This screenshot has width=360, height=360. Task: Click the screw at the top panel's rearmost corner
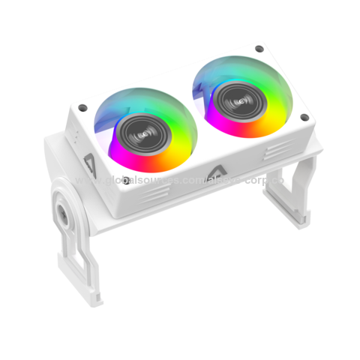[259, 49]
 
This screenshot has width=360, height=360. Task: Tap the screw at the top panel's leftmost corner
[82, 107]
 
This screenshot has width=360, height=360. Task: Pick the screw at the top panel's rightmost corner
[304, 117]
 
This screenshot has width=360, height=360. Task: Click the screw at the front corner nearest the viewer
[127, 179]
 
